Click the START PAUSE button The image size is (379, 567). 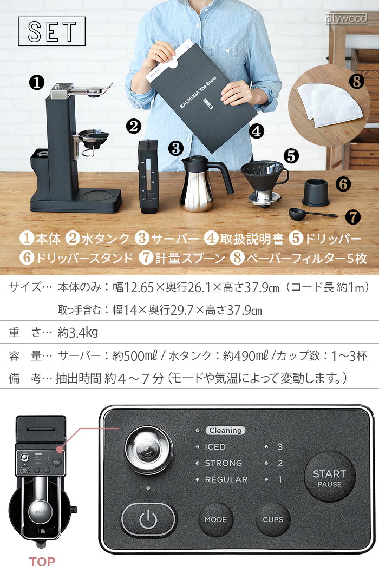point(329,478)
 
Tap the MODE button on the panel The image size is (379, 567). point(215,519)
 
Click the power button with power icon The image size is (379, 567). point(148,520)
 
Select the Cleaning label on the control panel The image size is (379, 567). point(225,431)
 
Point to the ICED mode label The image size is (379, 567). point(215,447)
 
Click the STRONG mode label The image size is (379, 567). point(223,463)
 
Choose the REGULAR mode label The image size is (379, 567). point(226,479)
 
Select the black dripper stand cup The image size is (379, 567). point(315,190)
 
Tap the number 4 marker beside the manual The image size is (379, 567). point(257,130)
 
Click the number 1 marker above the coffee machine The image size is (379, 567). point(36,83)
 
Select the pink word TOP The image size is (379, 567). point(42,561)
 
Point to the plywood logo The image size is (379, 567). point(347,19)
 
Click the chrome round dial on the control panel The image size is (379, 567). point(148,449)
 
